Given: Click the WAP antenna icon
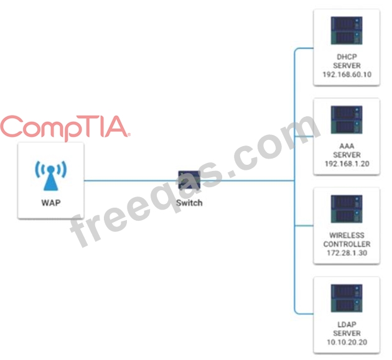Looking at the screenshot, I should pos(50,176).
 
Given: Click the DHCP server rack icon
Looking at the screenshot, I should pos(347,30).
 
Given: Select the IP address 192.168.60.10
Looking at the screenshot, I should pos(347,74).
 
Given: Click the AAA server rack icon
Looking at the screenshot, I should pos(347,120).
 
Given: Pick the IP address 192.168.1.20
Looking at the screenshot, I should pos(347,164).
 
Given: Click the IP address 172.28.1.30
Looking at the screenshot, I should pos(347,253).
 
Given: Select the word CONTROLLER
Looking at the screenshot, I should pos(347,244).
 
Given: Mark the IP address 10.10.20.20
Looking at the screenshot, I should pos(347,342).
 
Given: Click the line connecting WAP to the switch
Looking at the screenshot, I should pos(131,181).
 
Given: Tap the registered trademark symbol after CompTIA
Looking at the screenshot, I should pos(129,133).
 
